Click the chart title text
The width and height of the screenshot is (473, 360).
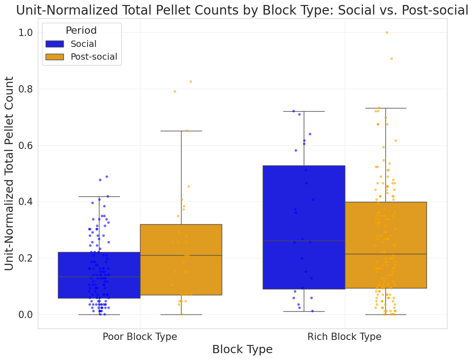click(242, 10)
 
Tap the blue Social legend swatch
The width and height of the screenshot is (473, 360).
click(55, 44)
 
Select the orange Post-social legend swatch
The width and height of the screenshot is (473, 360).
click(55, 57)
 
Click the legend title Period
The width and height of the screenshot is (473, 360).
click(81, 31)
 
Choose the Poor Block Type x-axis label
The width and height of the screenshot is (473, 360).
click(140, 337)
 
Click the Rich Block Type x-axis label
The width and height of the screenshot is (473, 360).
click(344, 337)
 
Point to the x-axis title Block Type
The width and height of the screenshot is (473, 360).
click(242, 350)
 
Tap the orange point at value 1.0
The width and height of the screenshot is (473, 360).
click(387, 32)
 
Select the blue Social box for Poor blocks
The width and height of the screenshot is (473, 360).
click(99, 275)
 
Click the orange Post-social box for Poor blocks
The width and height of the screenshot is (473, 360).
click(181, 260)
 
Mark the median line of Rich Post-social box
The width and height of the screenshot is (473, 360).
click(386, 254)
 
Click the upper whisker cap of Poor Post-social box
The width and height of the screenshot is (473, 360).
click(181, 131)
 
